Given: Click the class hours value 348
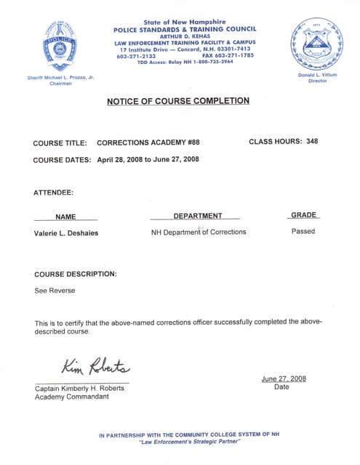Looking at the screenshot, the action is tap(312, 142).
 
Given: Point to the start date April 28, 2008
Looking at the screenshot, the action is tap(120, 159).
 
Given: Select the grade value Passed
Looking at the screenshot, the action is tap(303, 232).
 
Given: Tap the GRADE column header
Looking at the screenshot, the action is tap(304, 215).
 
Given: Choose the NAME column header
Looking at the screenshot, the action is tap(66, 217).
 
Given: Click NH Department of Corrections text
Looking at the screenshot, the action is tap(199, 232).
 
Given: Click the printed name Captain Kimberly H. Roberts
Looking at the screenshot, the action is tap(79, 388).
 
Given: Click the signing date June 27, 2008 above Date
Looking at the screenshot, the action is tap(284, 379).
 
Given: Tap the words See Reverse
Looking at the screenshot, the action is tap(55, 291).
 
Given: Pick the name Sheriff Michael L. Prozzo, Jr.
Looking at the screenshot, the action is tap(60, 77).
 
